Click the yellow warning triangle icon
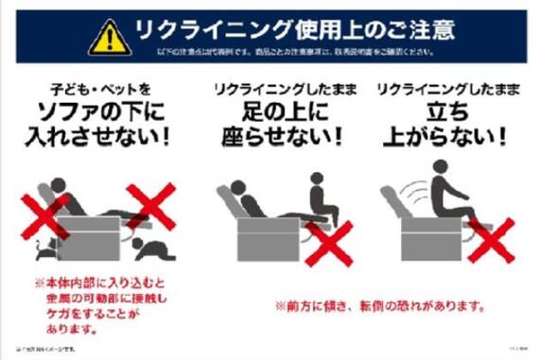(110, 38)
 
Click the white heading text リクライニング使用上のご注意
(294, 29)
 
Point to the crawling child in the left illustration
(149, 248)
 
